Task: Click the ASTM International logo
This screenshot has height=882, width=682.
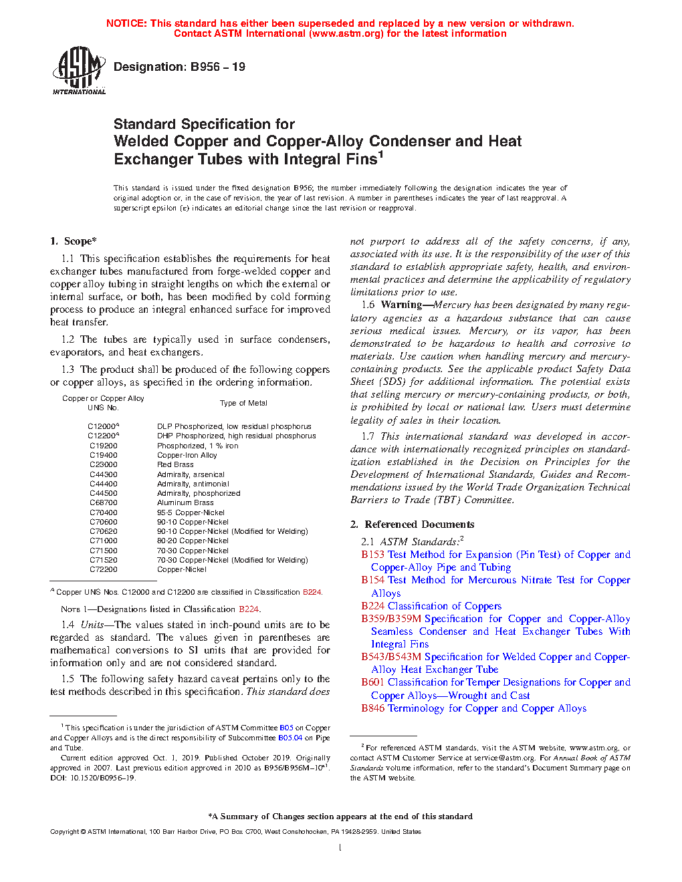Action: [x=79, y=69]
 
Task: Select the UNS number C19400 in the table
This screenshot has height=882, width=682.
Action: [x=104, y=455]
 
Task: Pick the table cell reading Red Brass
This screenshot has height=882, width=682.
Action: [x=175, y=464]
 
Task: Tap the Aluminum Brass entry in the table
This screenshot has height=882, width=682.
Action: [x=185, y=502]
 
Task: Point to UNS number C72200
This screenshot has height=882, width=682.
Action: [x=104, y=569]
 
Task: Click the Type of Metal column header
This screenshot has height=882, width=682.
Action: [x=243, y=403]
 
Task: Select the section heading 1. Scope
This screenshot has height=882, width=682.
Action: [x=74, y=241]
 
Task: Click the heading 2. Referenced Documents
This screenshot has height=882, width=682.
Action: [x=413, y=525]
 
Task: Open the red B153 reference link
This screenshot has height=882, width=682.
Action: [x=373, y=555]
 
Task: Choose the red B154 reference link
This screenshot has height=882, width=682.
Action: [x=373, y=580]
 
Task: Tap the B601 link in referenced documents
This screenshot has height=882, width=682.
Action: [x=373, y=682]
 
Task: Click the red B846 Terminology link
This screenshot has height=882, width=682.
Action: [x=373, y=708]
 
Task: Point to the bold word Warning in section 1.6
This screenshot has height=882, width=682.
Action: [x=402, y=305]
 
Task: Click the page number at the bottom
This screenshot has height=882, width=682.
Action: [x=340, y=848]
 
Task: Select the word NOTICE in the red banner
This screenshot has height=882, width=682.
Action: [x=126, y=23]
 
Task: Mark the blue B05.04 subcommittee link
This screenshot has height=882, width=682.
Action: [x=290, y=738]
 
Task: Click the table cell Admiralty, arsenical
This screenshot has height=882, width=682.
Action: [x=191, y=474]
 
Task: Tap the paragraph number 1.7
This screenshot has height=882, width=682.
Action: [x=368, y=436]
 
